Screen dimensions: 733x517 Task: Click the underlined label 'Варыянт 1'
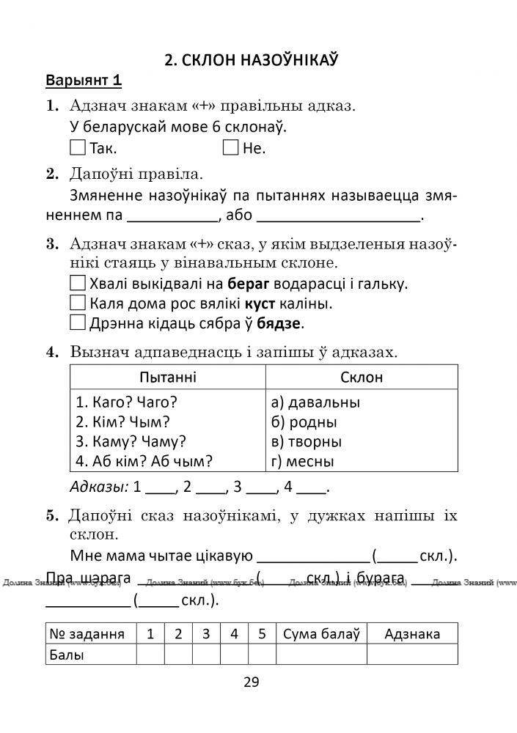tap(83, 80)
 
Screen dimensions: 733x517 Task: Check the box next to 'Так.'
tap(78, 148)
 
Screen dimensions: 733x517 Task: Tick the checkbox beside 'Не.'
tap(230, 148)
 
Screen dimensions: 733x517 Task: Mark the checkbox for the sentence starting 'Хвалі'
tap(78, 283)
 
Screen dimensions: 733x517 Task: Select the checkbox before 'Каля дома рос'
tap(78, 303)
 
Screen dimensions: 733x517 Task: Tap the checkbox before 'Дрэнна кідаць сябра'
tap(78, 323)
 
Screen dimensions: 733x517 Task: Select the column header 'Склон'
tap(362, 377)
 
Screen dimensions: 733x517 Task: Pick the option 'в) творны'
tap(306, 442)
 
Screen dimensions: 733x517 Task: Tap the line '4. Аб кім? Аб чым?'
tap(144, 462)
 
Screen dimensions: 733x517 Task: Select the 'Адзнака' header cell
tap(412, 634)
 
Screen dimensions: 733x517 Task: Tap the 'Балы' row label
tap(67, 655)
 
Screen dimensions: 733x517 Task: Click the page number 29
tap(251, 682)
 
